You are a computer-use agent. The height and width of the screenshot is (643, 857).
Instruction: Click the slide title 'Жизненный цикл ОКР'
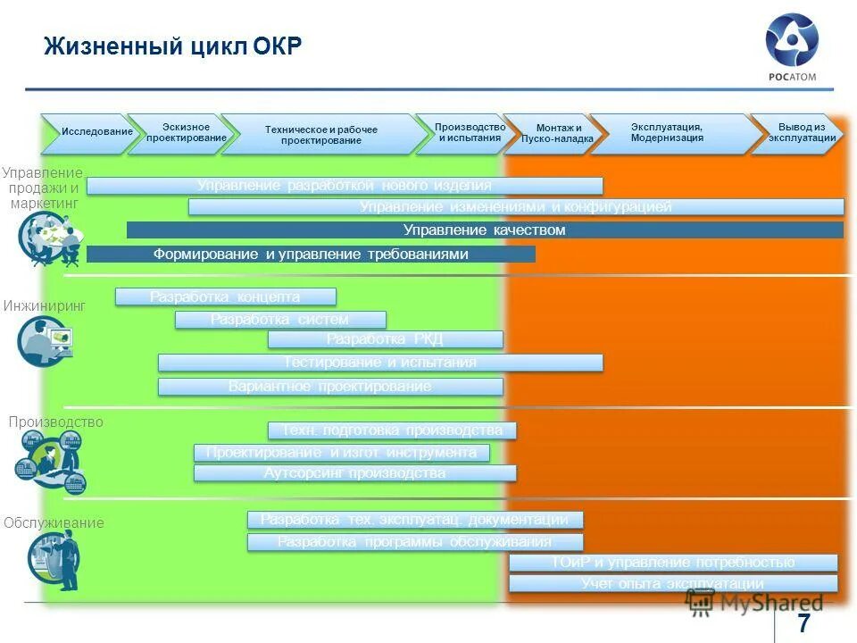click(x=173, y=46)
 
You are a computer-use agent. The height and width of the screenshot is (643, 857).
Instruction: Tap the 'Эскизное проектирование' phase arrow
click(x=185, y=133)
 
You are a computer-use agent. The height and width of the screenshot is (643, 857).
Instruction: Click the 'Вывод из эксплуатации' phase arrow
click(x=800, y=133)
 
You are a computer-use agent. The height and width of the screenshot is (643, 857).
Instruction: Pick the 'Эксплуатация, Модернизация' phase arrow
click(x=668, y=133)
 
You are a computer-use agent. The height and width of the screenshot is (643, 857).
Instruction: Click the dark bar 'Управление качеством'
click(x=485, y=230)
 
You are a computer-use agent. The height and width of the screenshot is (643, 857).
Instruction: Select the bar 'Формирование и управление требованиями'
click(x=311, y=255)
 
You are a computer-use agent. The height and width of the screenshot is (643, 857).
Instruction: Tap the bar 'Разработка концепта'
click(x=225, y=296)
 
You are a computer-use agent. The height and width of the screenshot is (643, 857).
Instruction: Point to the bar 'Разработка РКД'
click(x=385, y=339)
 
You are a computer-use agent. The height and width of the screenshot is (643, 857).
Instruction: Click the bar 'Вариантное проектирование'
click(x=330, y=387)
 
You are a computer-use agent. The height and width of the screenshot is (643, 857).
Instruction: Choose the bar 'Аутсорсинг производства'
click(x=354, y=473)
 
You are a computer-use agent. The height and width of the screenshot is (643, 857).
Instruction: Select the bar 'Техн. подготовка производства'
click(x=392, y=430)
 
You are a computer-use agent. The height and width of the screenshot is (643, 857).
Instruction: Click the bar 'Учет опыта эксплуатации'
click(x=672, y=584)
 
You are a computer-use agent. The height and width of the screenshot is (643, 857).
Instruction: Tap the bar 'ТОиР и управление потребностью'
click(x=672, y=563)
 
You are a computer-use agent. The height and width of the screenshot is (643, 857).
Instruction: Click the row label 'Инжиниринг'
click(x=44, y=305)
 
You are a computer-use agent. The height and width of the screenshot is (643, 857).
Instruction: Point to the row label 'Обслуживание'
click(x=54, y=522)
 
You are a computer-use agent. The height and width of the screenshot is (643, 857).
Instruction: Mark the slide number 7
click(x=804, y=622)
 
